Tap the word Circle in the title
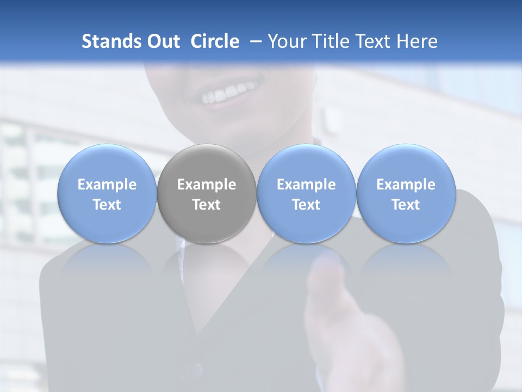tap(215, 41)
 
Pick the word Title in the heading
tap(328, 41)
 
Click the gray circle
tap(207, 194)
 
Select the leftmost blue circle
tap(107, 194)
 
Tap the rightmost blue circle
tap(406, 194)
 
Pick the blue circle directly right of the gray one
tap(306, 194)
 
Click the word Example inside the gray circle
tap(207, 185)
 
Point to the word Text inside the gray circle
tap(207, 205)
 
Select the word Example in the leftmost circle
tap(107, 185)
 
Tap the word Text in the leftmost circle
tap(107, 205)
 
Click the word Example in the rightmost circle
tap(406, 185)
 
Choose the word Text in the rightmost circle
tap(406, 205)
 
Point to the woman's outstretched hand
tap(348, 327)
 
